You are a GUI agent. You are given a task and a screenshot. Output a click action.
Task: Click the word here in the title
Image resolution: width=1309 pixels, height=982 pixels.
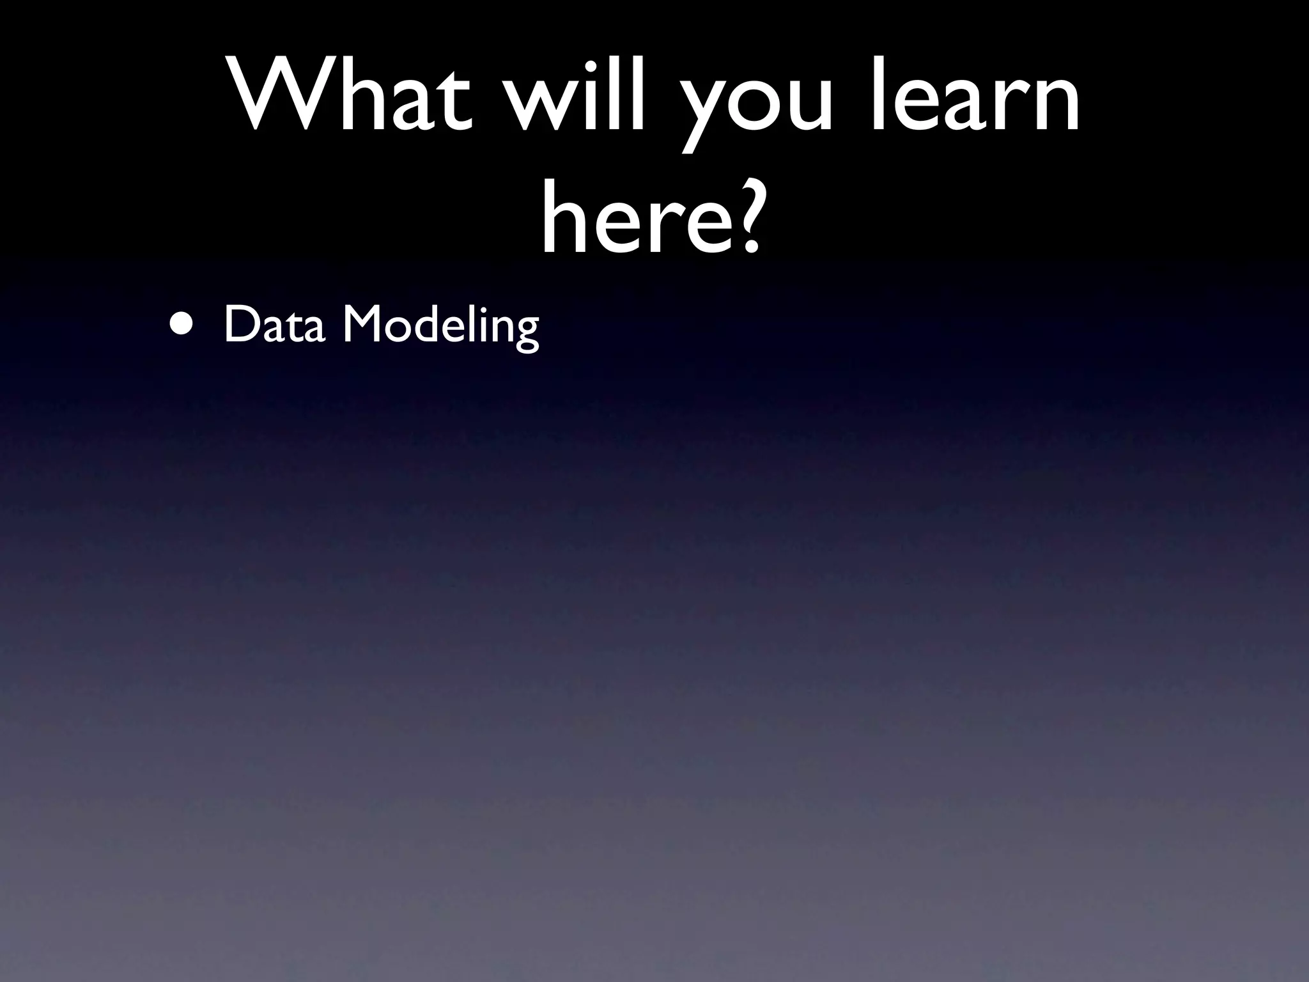point(630,214)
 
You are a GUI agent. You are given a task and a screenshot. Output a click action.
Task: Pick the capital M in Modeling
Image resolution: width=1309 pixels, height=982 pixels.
point(362,325)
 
